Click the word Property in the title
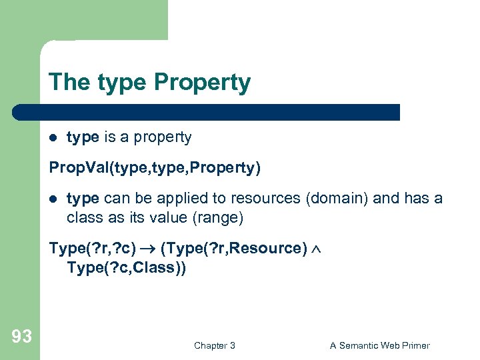tap(202, 83)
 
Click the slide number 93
tap(21, 337)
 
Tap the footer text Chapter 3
tap(215, 345)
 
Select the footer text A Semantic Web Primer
tap(380, 345)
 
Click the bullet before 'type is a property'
tap(54, 138)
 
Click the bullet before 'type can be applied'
tap(54, 199)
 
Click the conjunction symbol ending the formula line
tap(316, 249)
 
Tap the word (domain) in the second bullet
tap(323, 199)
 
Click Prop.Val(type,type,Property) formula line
tap(155, 168)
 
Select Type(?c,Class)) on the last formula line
tap(127, 267)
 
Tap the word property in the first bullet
tap(163, 137)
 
